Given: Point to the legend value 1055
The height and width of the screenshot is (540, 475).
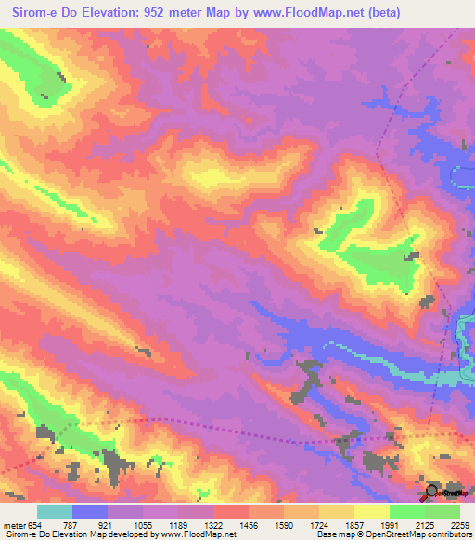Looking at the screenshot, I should [144, 526].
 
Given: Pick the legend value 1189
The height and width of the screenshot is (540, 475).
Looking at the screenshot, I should [179, 526].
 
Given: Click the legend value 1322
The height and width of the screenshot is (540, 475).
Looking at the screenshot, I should [214, 526].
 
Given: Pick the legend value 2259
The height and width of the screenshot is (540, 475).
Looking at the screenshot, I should [458, 526].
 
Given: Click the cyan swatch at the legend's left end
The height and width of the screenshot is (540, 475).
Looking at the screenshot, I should [54, 511].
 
